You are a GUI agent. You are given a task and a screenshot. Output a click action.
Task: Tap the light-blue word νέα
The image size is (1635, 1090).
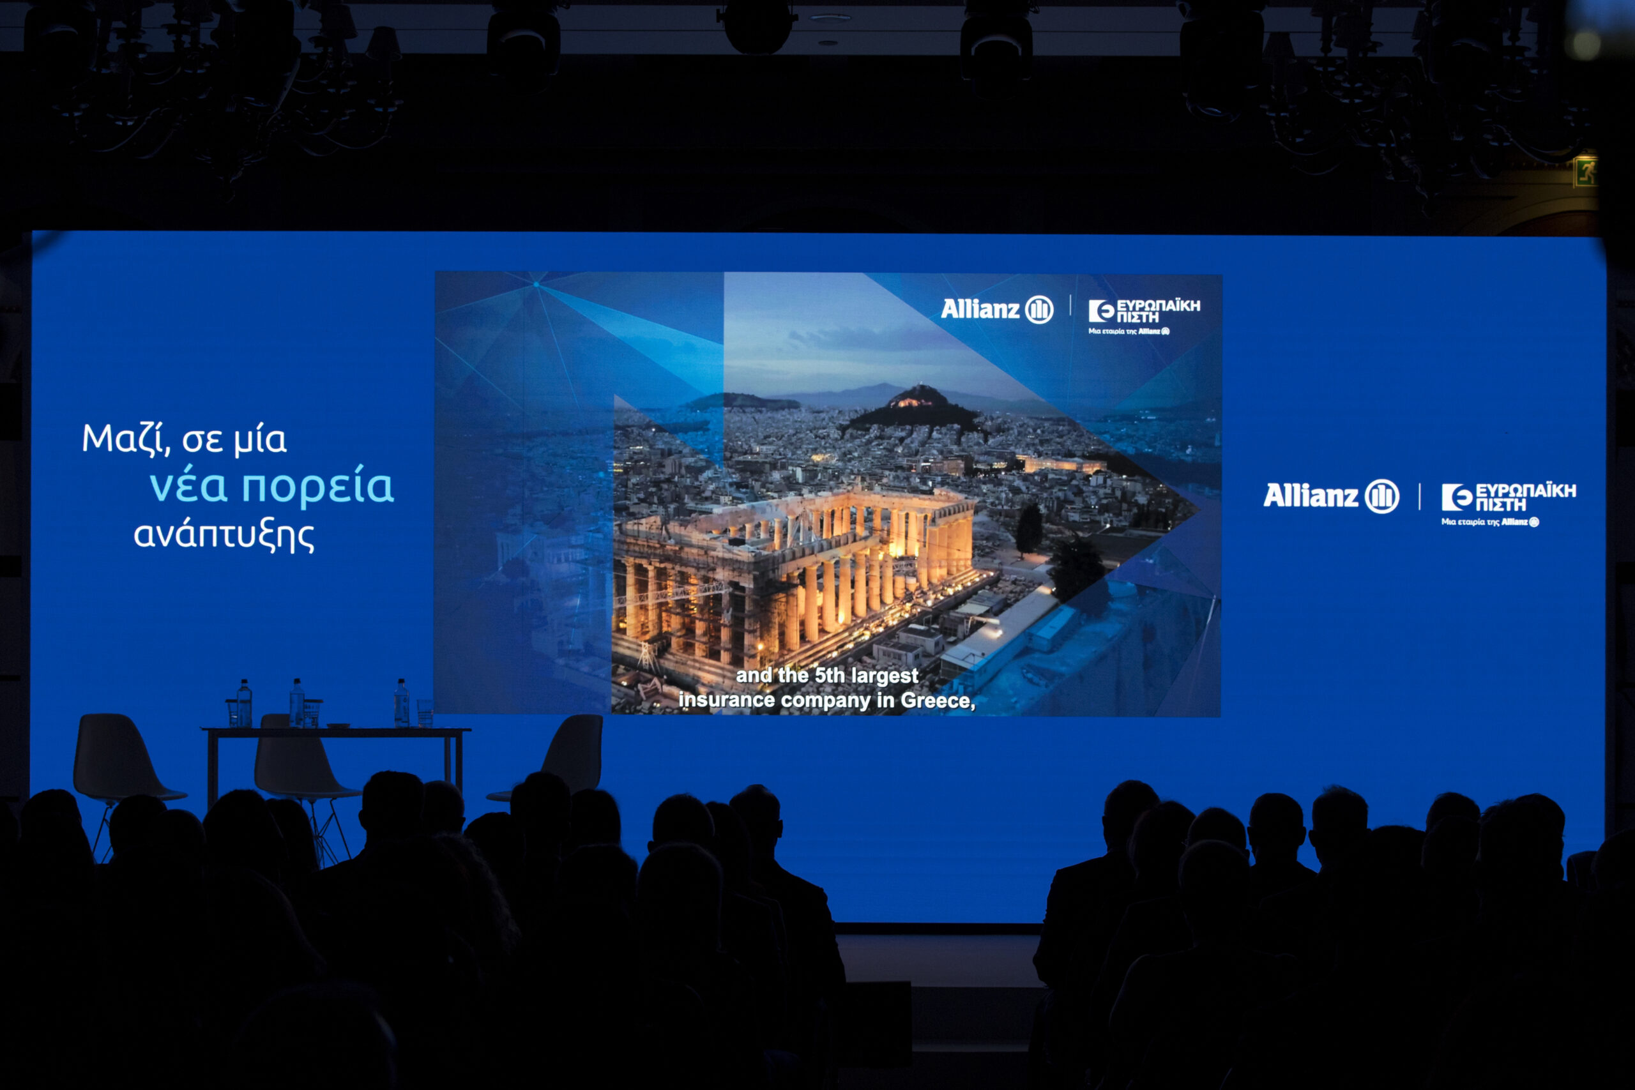coord(188,486)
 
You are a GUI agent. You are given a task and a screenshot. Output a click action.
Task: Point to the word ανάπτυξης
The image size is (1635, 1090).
coord(224,536)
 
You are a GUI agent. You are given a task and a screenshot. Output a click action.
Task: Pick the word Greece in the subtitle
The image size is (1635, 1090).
coord(938,700)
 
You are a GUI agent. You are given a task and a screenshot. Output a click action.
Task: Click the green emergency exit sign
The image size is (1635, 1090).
coord(1585,171)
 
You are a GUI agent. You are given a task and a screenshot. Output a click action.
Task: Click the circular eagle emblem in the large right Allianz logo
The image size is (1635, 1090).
coord(1381,496)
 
